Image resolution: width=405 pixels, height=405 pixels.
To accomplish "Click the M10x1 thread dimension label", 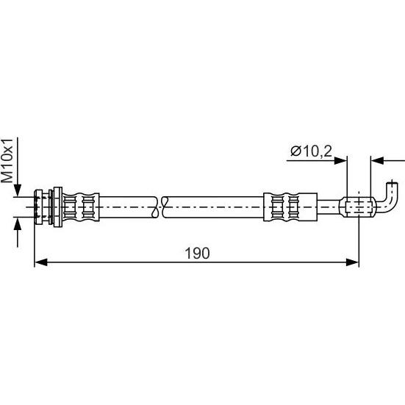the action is [7, 161].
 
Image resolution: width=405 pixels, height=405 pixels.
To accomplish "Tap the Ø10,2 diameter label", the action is [311, 151].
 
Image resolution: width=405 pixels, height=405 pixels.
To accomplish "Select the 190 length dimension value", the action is [197, 253].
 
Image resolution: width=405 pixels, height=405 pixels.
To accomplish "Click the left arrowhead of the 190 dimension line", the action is [41, 262].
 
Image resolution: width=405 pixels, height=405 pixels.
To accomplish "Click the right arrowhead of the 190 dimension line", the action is [352, 262].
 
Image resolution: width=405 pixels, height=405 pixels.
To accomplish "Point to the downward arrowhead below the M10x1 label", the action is [18, 190].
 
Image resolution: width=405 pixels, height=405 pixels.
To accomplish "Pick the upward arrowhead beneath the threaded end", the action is [18, 223].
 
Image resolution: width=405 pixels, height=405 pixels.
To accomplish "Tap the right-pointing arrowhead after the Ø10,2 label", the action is [340, 161].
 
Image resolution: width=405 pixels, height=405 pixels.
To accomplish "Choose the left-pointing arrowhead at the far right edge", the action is [377, 161].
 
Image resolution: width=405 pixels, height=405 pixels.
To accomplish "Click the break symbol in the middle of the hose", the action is [159, 207].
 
